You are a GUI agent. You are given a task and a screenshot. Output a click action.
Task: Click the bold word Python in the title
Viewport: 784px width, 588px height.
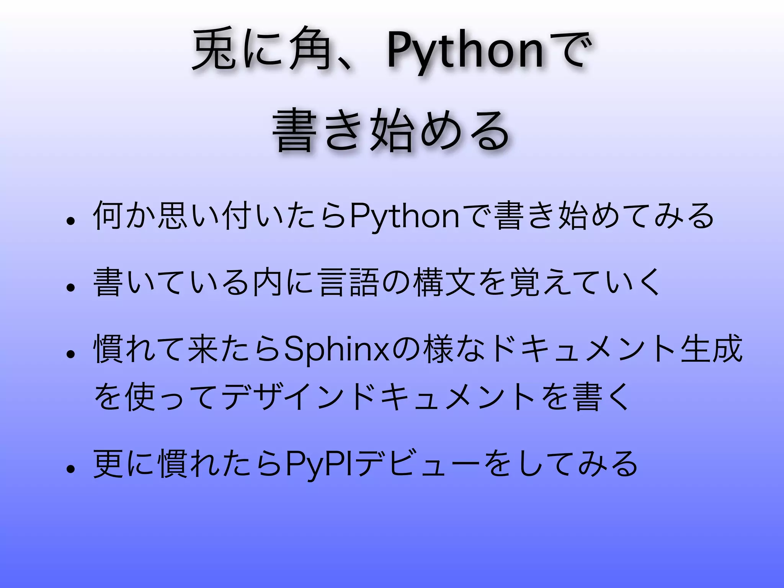tap(465, 52)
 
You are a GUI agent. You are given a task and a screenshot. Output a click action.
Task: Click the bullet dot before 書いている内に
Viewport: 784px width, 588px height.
tap(70, 287)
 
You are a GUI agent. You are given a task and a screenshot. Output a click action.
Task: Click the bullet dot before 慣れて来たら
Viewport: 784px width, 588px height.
tap(70, 354)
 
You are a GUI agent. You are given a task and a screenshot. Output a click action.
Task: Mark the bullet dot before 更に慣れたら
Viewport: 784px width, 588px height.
tap(70, 469)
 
